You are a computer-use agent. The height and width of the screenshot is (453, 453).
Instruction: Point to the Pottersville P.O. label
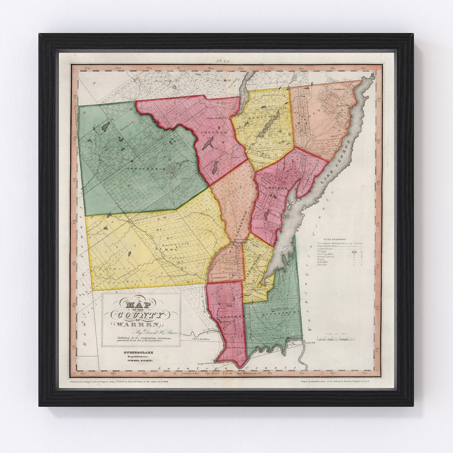tap(217, 119)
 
